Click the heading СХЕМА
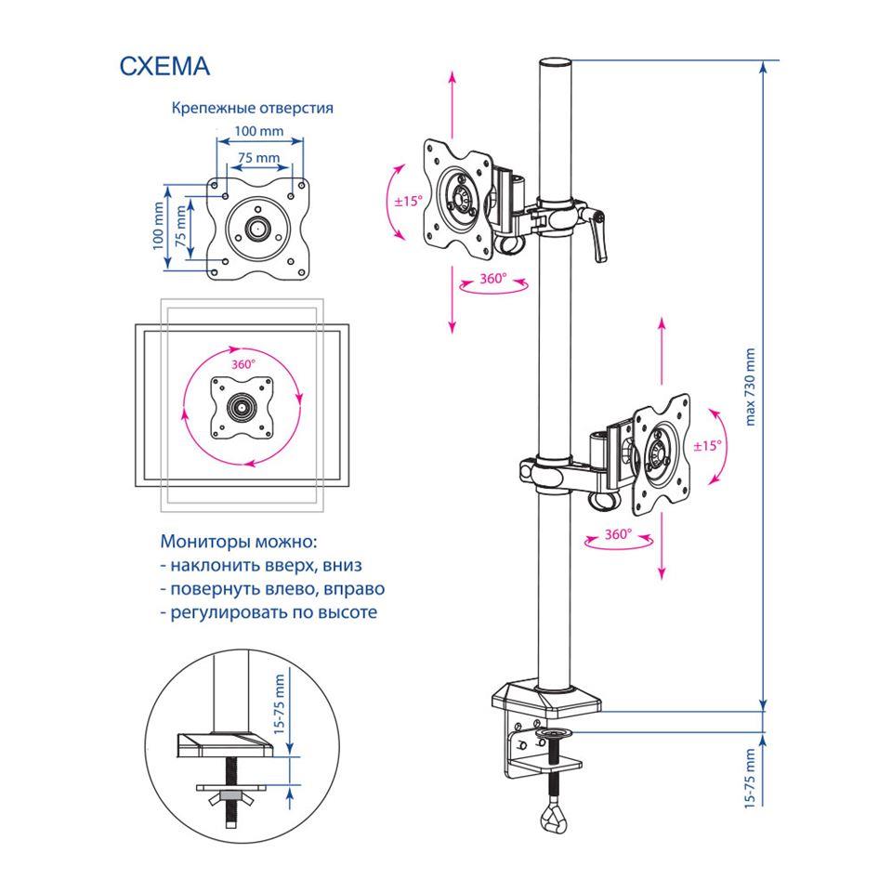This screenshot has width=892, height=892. pos(165,67)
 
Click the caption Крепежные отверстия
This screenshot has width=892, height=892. pos(252,108)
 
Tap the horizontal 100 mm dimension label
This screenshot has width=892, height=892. pos(259,132)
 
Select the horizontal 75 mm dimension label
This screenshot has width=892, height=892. pos(258,158)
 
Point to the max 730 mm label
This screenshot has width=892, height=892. pos(752,387)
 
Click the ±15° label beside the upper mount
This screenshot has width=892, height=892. pos(407,200)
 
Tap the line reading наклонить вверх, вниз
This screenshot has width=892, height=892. pos(260,565)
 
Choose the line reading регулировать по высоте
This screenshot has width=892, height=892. pos(269,613)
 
